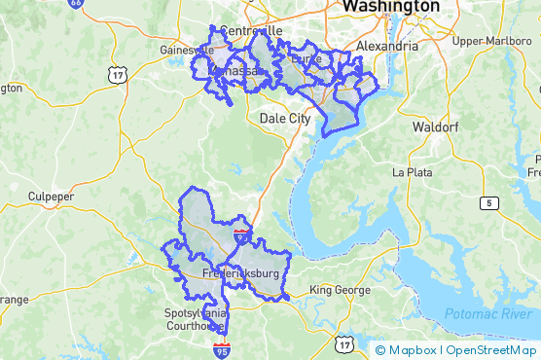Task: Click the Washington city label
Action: pos(389,7)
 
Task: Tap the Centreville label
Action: pos(251,31)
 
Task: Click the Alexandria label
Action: pos(388,46)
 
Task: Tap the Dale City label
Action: pos(285,119)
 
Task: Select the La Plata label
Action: pos(411,171)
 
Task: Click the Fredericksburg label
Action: pos(240,274)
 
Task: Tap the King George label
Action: pos(340,290)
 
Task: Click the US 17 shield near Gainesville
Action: pos(118,75)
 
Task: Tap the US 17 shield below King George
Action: pos(344,344)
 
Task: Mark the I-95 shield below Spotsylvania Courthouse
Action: pos(223,350)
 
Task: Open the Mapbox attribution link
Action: pos(409,350)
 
